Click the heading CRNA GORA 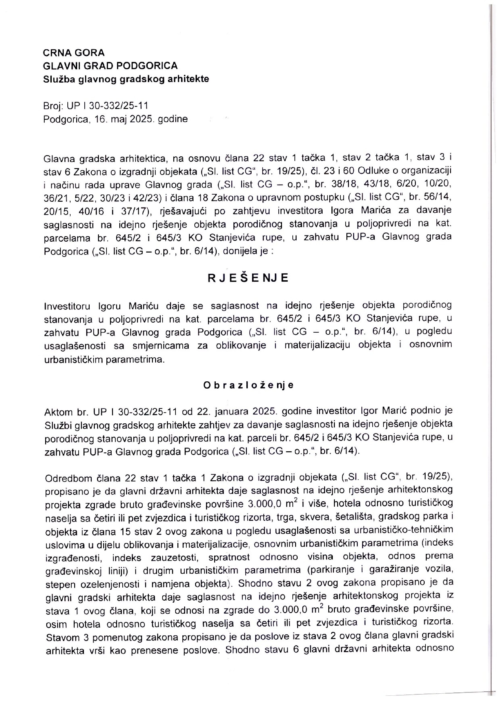click(74, 53)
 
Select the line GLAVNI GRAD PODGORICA click(110, 66)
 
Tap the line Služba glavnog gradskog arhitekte click(126, 79)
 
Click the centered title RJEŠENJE click(248, 278)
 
